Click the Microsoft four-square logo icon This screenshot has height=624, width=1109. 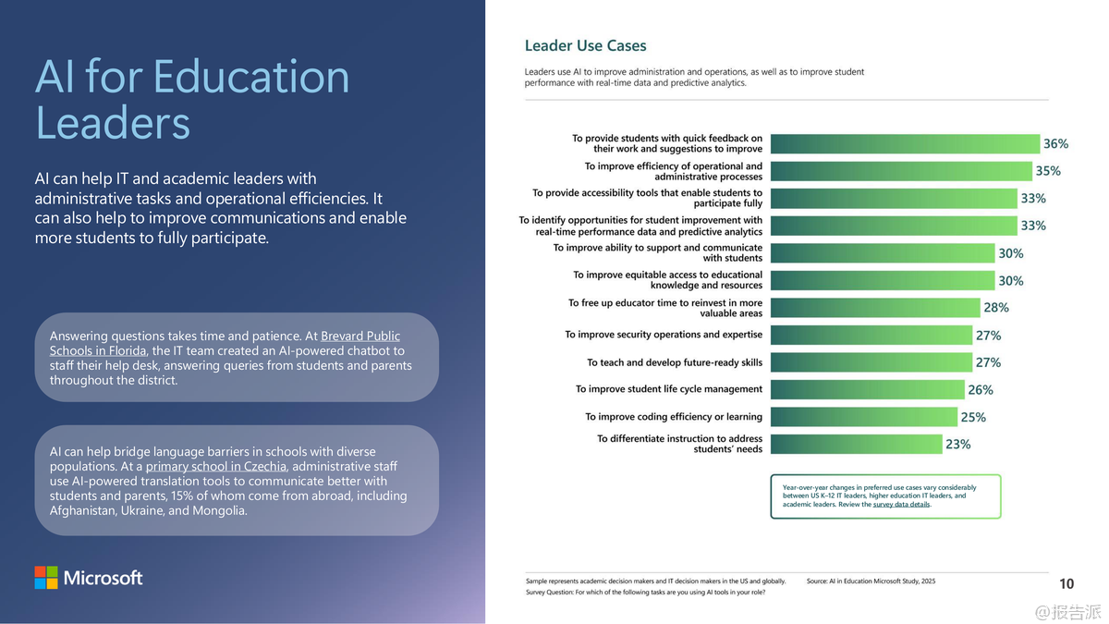46,578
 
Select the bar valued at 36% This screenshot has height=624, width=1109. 905,143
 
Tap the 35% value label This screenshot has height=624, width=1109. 1048,171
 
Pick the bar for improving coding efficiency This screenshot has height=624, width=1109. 863,417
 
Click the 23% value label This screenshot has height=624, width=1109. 957,445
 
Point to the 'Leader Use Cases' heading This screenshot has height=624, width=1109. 585,45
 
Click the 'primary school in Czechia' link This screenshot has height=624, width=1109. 215,466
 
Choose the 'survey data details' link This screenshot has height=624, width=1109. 902,505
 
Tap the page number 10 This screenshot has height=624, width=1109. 1066,583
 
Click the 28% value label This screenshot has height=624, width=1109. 996,308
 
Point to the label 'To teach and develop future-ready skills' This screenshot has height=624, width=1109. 675,362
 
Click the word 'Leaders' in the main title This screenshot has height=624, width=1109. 113,123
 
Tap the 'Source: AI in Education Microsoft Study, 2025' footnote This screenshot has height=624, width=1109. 871,581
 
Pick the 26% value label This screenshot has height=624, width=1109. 981,390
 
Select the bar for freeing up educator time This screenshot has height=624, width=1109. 874,308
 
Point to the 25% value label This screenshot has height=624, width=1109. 973,417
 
